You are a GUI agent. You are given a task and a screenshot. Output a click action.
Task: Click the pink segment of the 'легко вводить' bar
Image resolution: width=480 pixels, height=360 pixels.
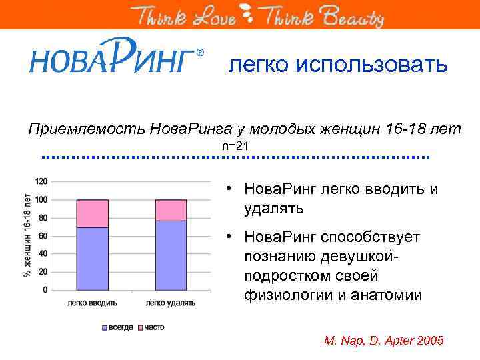[92, 213]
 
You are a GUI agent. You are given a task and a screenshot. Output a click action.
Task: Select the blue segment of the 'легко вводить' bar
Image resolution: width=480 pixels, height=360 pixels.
[92, 259]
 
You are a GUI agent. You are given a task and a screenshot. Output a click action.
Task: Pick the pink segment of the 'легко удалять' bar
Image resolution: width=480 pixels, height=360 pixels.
[171, 210]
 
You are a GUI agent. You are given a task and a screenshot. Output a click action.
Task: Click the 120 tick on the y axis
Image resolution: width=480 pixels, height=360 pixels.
[41, 181]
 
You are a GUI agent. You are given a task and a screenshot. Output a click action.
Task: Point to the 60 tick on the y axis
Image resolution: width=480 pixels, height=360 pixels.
[43, 236]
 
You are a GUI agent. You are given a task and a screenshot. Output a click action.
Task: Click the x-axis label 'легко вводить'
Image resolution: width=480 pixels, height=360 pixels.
[92, 303]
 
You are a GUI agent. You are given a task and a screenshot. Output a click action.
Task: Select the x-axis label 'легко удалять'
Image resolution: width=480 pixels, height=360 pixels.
[171, 303]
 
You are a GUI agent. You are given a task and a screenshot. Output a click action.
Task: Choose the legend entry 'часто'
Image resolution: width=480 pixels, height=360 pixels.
[153, 327]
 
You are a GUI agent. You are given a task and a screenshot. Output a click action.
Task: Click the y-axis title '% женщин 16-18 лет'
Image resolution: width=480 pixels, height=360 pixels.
[27, 235]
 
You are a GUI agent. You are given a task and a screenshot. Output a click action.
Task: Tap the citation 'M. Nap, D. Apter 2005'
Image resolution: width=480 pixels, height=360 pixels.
[383, 340]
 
